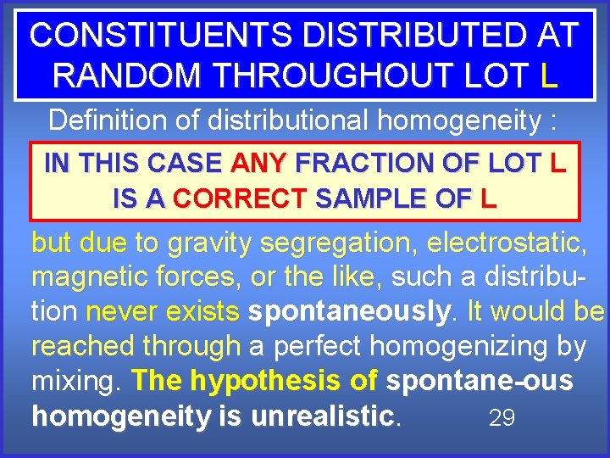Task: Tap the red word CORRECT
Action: pos(239,199)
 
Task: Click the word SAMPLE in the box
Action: pos(376,199)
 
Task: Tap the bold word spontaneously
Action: pos(348,312)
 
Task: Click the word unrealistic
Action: pos(327,416)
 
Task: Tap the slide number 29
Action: pos(502,417)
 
